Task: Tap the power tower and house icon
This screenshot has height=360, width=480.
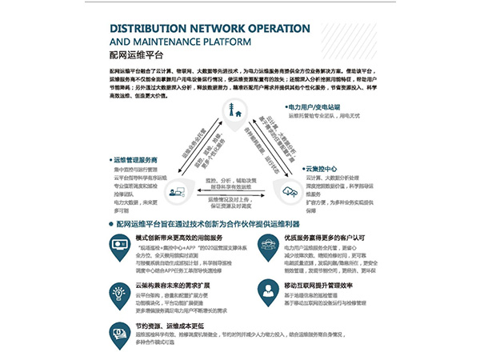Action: point(238,115)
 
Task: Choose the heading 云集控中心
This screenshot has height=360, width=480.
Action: point(325,170)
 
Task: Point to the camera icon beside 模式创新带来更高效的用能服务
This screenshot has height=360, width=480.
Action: point(121,244)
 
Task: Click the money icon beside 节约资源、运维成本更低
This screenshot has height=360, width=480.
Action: point(121,333)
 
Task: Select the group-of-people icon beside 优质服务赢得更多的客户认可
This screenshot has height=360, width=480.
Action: point(268,244)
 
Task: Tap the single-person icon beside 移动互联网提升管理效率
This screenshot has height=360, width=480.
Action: point(268,289)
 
